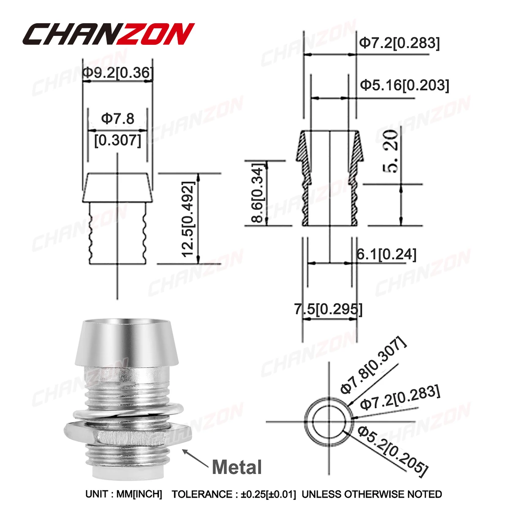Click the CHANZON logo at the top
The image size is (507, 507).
pos(109,34)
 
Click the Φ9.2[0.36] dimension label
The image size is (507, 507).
pos(117,73)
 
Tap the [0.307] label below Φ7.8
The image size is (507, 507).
pos(117,140)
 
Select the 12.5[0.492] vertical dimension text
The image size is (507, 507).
pos(188,218)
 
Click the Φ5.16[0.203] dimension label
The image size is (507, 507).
pos(405,85)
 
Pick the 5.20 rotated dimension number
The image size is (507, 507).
pos(390,152)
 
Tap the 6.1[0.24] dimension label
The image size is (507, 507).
pos(386,254)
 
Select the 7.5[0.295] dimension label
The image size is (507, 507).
pos(328,309)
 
